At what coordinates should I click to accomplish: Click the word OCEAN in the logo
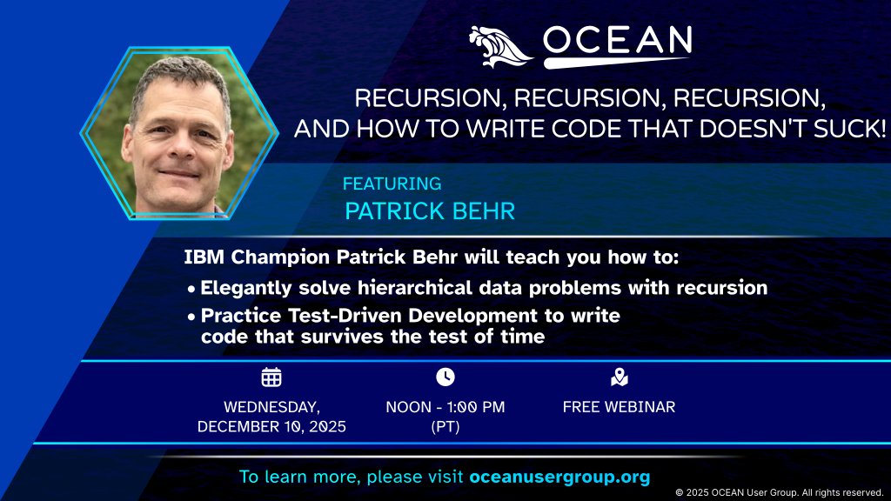(617, 41)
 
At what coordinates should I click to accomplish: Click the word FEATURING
(392, 184)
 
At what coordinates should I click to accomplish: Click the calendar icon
(271, 377)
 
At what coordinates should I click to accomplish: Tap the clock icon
(445, 377)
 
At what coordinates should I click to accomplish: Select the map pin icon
(619, 377)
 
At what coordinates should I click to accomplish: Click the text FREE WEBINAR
(619, 407)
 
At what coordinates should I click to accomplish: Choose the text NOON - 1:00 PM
(445, 407)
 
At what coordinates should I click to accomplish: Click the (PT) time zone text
(445, 426)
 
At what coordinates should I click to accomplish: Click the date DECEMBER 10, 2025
(271, 426)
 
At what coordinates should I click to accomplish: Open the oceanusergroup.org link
(559, 478)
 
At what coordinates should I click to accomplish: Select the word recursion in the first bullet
(724, 288)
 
